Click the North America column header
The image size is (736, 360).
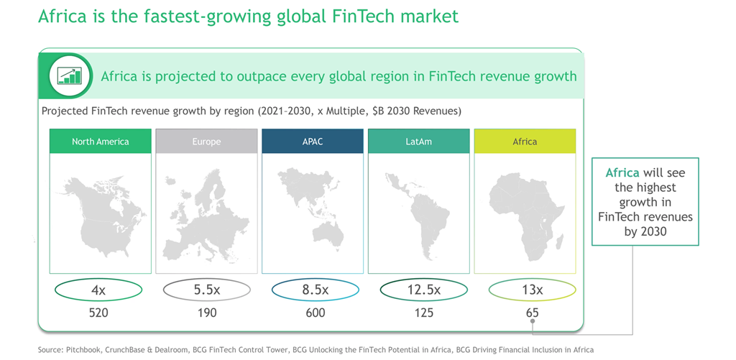100,142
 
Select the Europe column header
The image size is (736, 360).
206,142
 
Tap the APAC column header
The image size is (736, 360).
313,142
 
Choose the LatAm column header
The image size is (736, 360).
418,142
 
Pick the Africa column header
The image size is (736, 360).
525,142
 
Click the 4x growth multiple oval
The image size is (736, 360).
99,290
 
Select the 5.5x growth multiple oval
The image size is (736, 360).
206,290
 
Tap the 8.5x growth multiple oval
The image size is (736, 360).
315,290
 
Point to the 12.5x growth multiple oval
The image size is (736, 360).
423,290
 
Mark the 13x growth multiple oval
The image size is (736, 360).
532,290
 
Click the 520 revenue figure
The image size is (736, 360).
99,313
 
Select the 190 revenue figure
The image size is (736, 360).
206,313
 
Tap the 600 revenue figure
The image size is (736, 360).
315,313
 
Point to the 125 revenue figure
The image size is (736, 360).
423,313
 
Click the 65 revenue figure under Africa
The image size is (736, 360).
532,313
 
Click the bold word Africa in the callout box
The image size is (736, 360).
622,173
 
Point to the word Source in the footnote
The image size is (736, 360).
50,350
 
